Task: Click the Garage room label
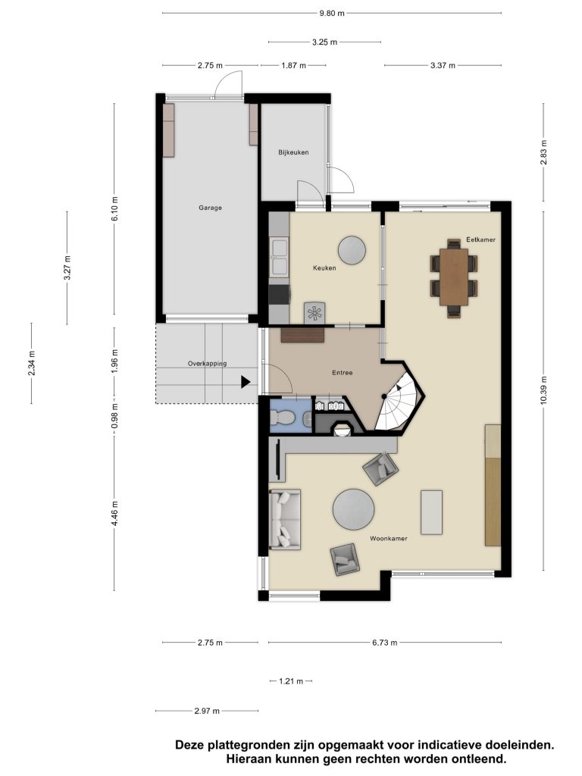[210, 208]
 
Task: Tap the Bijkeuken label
[293, 152]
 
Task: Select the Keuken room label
[324, 268]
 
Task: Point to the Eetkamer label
[480, 239]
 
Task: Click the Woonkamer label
[389, 539]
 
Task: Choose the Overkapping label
[207, 363]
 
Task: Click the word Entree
[342, 373]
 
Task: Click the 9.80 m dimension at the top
[332, 14]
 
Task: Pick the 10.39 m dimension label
[543, 390]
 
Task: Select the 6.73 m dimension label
[384, 643]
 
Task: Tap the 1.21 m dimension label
[290, 681]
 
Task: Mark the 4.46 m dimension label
[114, 513]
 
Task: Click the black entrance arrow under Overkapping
[246, 382]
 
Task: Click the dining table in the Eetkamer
[454, 277]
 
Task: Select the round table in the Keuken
[352, 250]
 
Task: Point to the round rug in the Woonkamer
[353, 510]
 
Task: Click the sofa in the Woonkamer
[285, 520]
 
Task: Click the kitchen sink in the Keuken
[279, 256]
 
